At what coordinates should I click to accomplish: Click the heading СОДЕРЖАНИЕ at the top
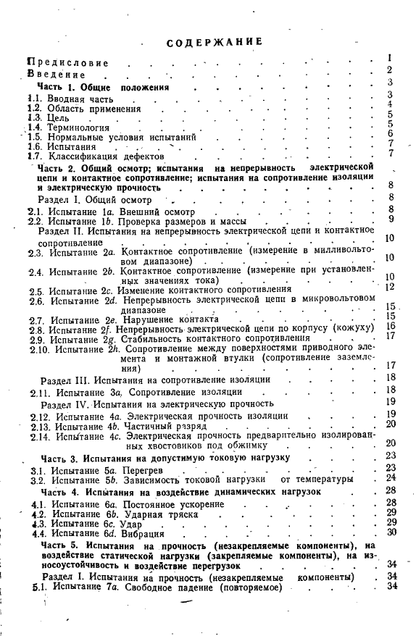pyautogui.click(x=214, y=41)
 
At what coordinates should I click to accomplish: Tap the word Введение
pyautogui.click(x=56, y=74)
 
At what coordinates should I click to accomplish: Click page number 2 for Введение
pyautogui.click(x=389, y=70)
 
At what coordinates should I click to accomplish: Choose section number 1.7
pyautogui.click(x=34, y=156)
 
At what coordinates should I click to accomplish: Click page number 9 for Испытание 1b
pyautogui.click(x=391, y=219)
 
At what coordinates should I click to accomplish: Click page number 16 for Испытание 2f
pyautogui.click(x=390, y=327)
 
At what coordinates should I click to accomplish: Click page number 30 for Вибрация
pyautogui.click(x=391, y=532)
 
